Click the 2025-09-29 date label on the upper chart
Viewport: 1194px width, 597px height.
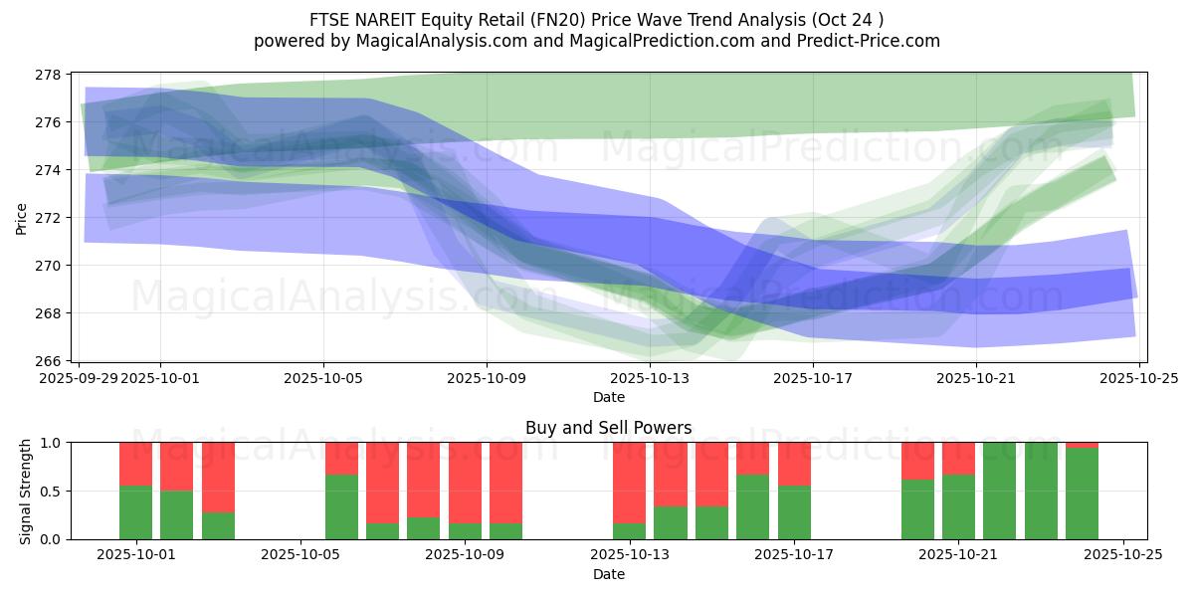80,378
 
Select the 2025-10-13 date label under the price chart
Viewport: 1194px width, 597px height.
650,378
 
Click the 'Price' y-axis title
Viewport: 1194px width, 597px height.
22,218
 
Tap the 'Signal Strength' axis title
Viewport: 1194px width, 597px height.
27,491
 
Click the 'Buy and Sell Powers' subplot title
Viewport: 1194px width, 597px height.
608,428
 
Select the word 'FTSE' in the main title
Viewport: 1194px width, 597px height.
330,19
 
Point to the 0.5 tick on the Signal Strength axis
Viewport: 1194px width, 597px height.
51,491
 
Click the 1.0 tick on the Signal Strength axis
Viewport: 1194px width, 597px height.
51,442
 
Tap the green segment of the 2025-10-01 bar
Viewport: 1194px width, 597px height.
135,512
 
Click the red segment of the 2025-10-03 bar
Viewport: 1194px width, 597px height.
218,477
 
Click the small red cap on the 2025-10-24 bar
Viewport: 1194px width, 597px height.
1082,445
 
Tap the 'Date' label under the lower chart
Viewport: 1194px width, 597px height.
608,574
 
